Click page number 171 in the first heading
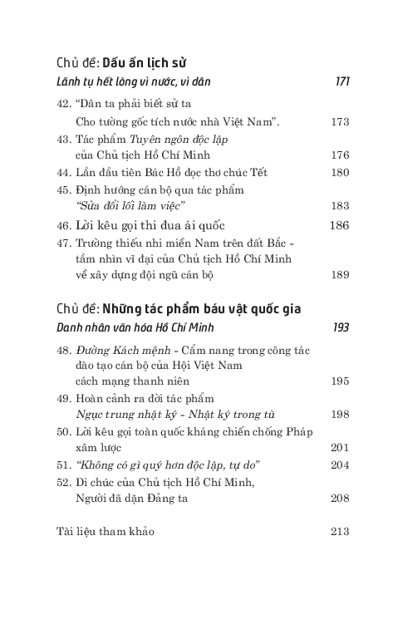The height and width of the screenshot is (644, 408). [x=342, y=81]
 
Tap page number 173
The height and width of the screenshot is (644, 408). [x=339, y=122]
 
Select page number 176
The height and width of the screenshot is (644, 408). [x=339, y=155]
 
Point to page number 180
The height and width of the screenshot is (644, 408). [x=339, y=173]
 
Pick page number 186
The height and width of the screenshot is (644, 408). [x=339, y=224]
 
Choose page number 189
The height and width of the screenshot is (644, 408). [x=339, y=273]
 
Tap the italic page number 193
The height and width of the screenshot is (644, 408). [x=341, y=327]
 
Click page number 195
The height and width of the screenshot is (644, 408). [x=339, y=382]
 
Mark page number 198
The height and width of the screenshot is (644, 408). [x=339, y=415]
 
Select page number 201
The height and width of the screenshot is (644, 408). [x=339, y=447]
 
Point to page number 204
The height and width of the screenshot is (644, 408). [x=339, y=465]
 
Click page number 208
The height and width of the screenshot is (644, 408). [x=339, y=499]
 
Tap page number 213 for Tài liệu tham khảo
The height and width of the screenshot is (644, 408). [x=339, y=531]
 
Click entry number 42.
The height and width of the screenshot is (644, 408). [x=64, y=106]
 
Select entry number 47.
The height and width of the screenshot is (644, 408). [x=64, y=243]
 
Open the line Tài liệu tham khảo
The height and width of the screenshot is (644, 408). [x=105, y=531]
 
